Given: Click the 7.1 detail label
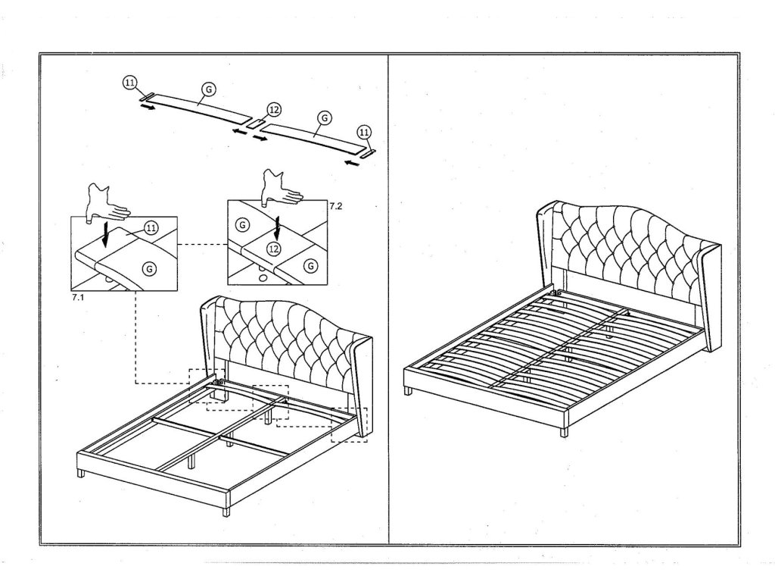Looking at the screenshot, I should (x=76, y=299).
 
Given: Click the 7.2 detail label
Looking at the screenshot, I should (x=335, y=205).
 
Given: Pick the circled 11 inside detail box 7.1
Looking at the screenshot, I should (x=151, y=228).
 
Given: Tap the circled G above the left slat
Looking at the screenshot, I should (x=208, y=89).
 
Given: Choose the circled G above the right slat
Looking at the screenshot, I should (x=324, y=119).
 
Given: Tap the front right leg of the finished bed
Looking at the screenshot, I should (x=564, y=433).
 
